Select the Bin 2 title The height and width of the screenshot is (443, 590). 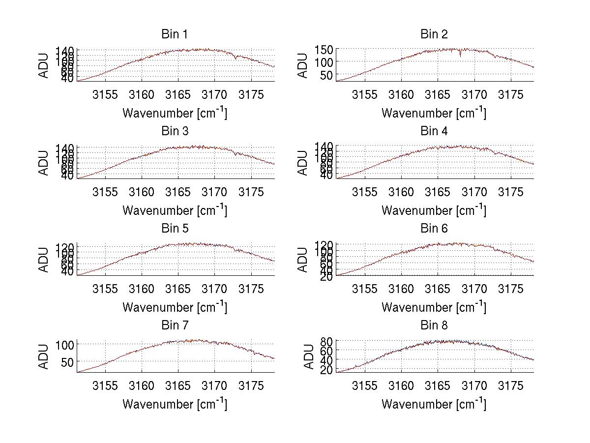tap(434, 34)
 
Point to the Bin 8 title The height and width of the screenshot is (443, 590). tap(434, 325)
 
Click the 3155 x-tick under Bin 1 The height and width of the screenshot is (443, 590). tap(105, 95)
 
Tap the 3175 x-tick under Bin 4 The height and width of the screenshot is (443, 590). tap(511, 192)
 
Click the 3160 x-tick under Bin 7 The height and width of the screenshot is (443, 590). tap(142, 386)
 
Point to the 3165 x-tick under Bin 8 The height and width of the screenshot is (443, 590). tap(438, 386)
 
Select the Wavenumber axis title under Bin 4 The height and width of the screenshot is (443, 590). tap(434, 210)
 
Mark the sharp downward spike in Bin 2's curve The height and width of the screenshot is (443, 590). tap(460, 55)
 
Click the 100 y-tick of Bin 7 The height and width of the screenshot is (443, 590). tap(65, 345)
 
